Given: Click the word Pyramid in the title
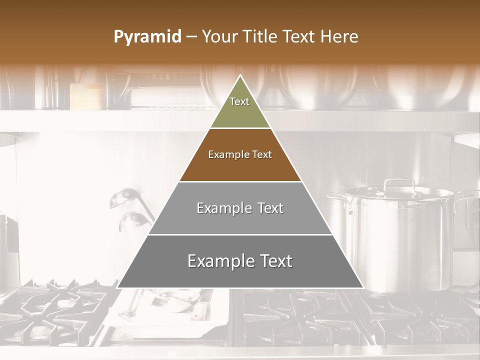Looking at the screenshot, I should [147, 37].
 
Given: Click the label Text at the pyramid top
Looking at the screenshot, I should [239, 101].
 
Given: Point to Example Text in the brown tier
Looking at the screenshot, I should [240, 154].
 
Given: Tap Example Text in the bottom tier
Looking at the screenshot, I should [240, 261].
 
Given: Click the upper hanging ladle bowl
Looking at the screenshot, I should [123, 198].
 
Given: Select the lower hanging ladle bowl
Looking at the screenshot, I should [131, 220].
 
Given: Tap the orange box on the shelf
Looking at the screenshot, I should [86, 96].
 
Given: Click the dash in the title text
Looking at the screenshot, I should [191, 37].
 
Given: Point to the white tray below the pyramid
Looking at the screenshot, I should [170, 307].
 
